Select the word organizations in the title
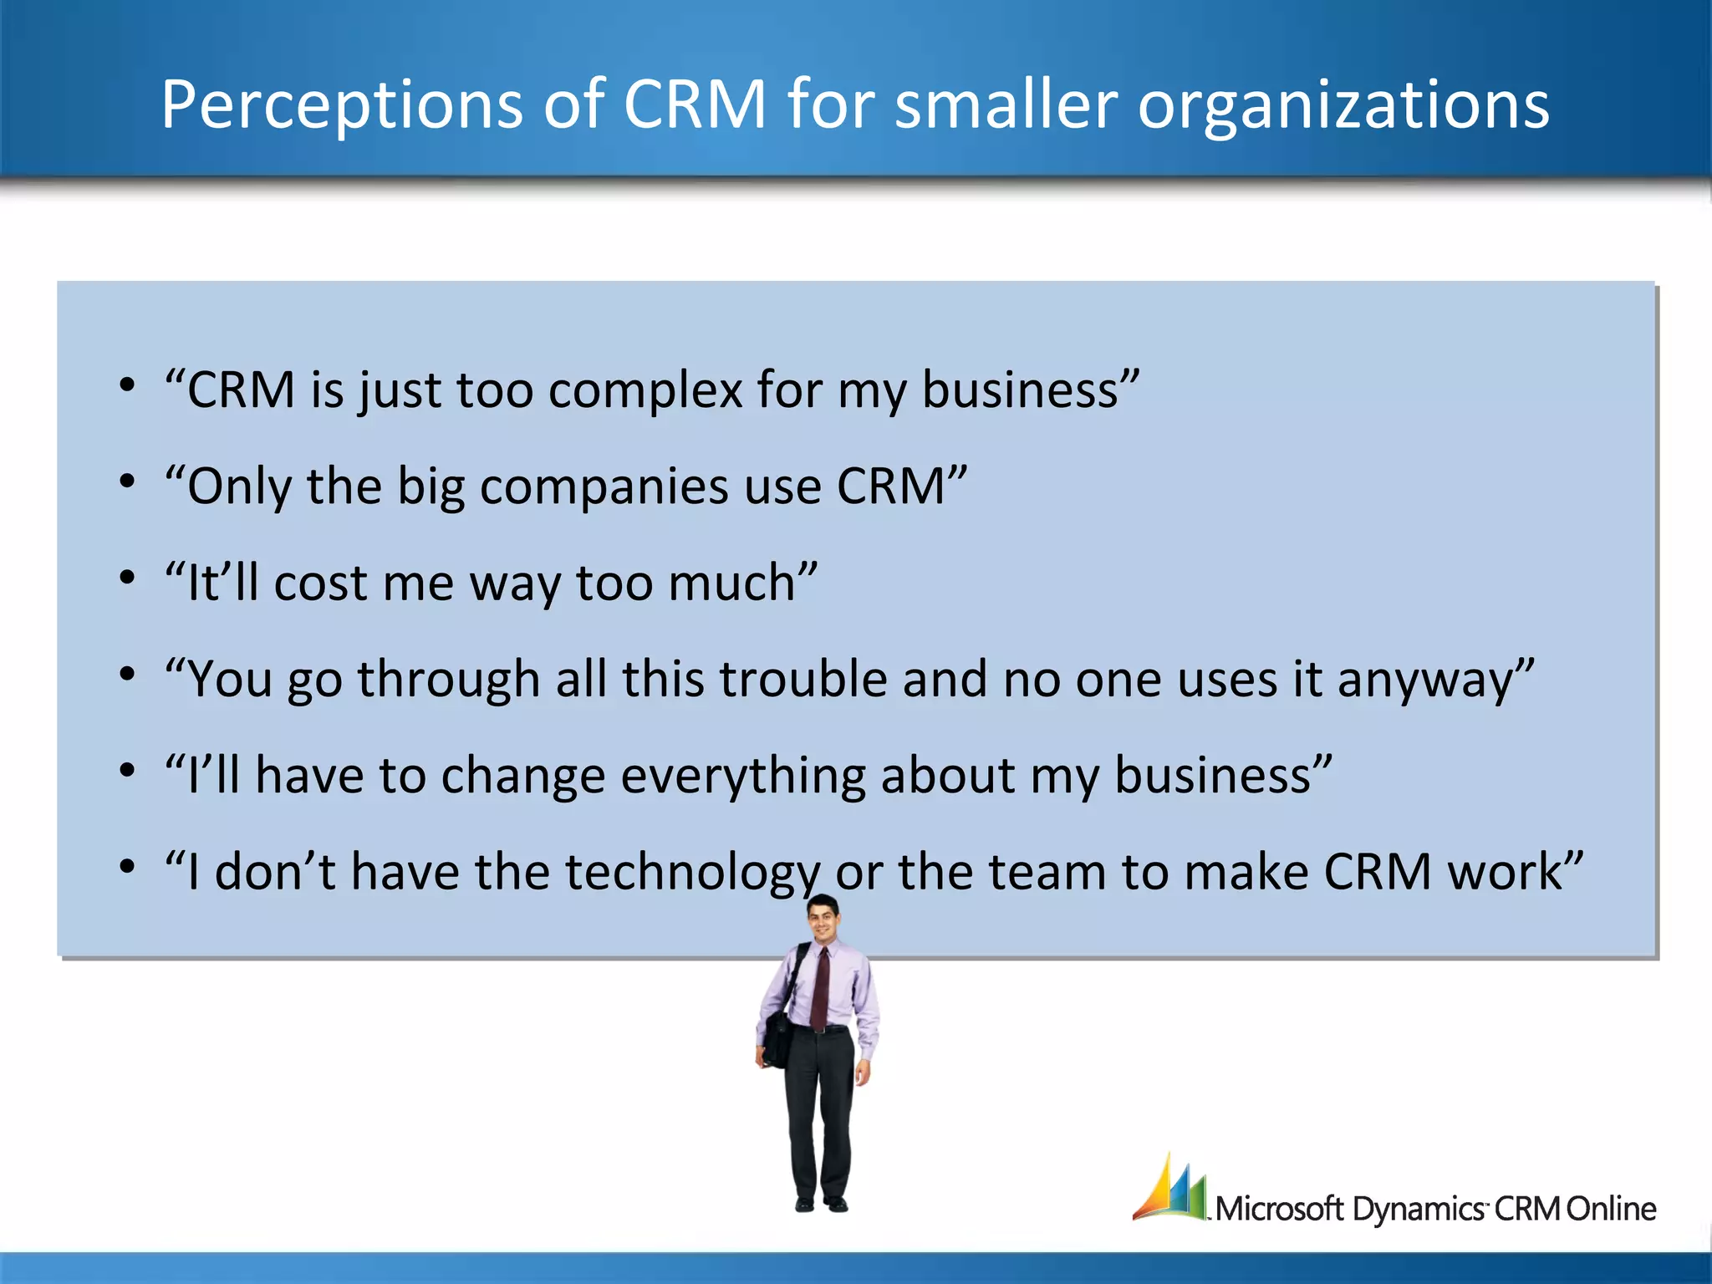click(x=1343, y=104)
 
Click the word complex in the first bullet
click(x=645, y=390)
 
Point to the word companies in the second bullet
click(x=604, y=486)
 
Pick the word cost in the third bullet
click(x=319, y=583)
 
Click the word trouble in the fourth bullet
click(x=802, y=678)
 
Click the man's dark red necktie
click(x=820, y=986)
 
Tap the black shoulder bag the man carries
click(x=777, y=1037)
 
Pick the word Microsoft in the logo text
click(x=1279, y=1209)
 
